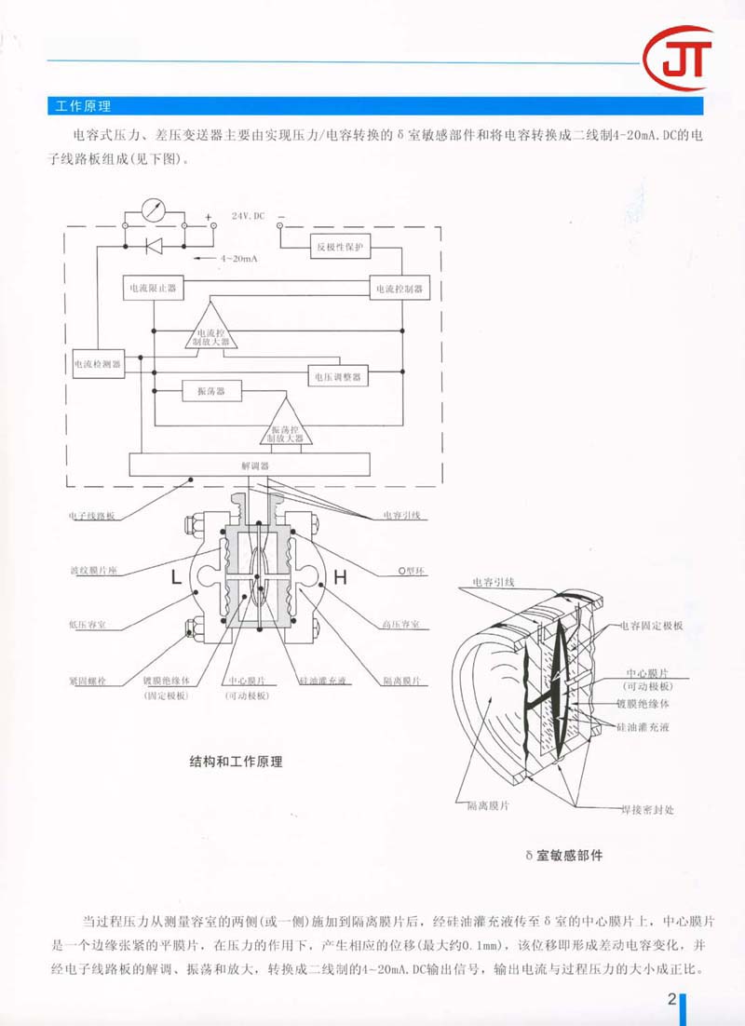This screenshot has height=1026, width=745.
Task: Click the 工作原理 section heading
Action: [84, 105]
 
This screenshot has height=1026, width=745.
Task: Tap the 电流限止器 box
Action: [151, 289]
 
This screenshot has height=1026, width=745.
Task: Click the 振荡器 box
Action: [211, 391]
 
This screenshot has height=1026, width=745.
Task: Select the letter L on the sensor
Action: [176, 578]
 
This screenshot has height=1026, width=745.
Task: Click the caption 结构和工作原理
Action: [236, 762]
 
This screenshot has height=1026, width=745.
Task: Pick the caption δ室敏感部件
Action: [563, 855]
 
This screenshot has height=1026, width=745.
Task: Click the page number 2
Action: [670, 1000]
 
